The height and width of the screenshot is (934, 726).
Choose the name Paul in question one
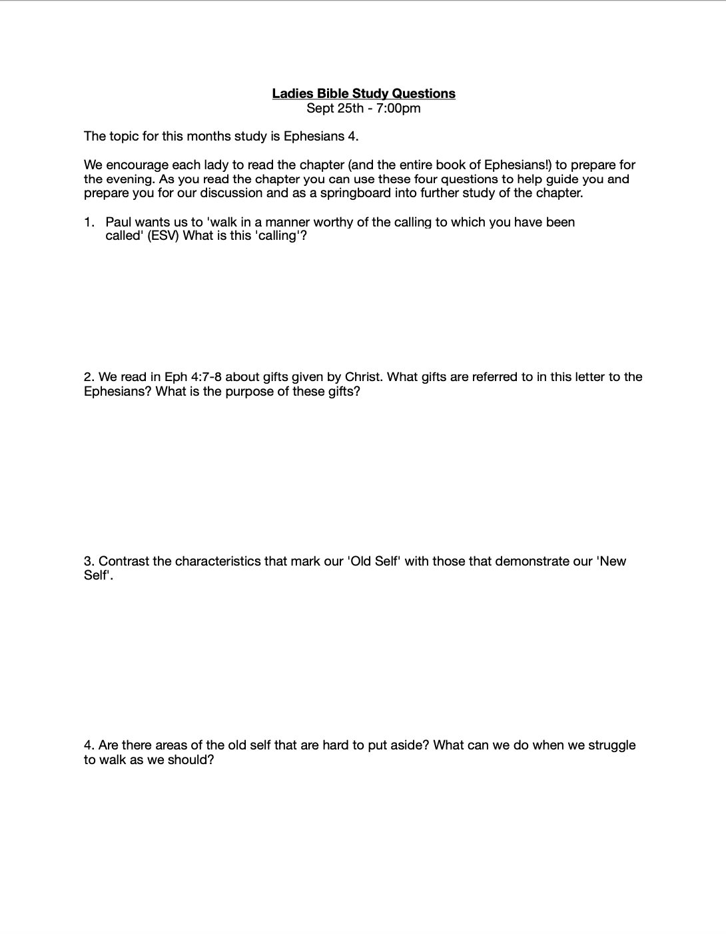[119, 222]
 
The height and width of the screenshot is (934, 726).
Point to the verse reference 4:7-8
[206, 377]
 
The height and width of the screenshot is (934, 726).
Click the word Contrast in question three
[124, 561]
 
